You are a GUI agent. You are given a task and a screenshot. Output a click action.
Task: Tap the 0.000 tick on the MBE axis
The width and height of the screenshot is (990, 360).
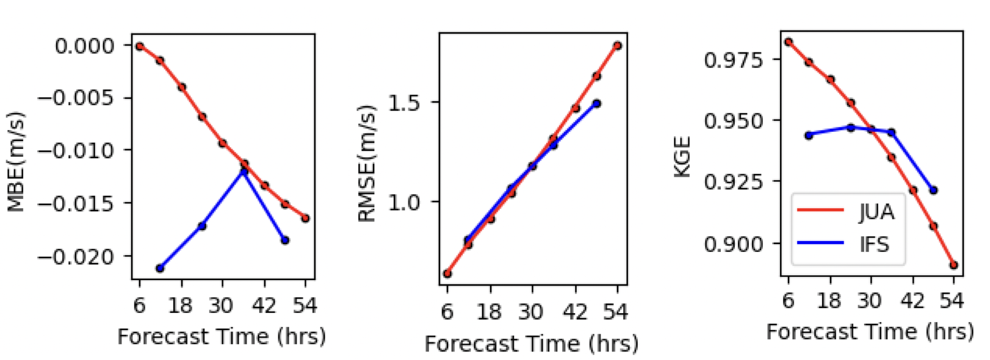(x=84, y=46)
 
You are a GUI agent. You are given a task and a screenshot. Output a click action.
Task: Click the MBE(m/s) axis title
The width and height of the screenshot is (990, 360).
(x=16, y=162)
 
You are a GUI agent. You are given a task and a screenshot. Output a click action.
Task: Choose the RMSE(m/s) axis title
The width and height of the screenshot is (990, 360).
(x=366, y=164)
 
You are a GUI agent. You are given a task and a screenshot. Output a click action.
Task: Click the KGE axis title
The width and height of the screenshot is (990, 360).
(x=682, y=157)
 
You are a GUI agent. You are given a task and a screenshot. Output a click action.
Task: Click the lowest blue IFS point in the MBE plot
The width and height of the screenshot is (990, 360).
(x=160, y=268)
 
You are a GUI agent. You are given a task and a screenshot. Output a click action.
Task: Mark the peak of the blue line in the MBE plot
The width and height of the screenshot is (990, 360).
(x=244, y=171)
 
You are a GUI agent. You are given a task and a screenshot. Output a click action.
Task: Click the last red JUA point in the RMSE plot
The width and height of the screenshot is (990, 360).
(x=618, y=46)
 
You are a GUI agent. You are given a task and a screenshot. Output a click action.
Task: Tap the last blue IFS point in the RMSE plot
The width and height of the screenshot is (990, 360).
(x=596, y=104)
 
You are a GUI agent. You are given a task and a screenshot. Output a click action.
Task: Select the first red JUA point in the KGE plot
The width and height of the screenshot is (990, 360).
(x=788, y=42)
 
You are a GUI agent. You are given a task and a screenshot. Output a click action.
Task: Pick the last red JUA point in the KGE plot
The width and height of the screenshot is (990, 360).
(x=953, y=265)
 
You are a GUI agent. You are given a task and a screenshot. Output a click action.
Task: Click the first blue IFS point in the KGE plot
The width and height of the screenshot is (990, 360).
(x=809, y=135)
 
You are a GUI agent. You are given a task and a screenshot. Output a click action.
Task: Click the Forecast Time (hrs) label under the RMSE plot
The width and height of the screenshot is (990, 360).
(x=531, y=344)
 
